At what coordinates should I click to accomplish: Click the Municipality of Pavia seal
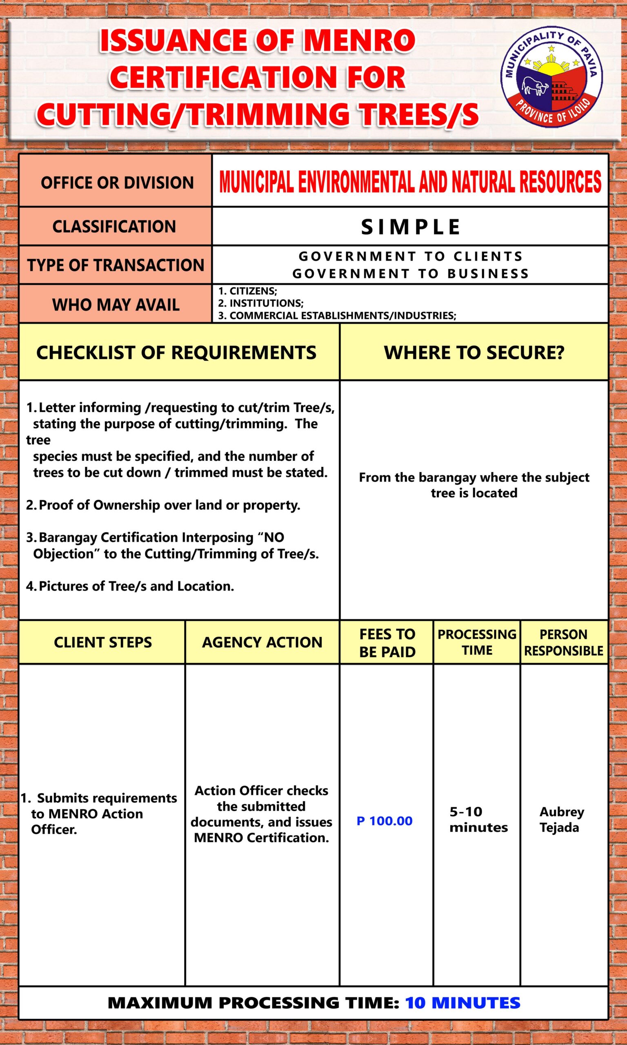click(551, 79)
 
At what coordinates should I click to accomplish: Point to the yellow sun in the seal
click(551, 66)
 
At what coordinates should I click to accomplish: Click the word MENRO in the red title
click(359, 41)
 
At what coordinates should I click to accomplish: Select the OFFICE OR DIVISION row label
click(117, 183)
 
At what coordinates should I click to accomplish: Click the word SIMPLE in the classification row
click(410, 227)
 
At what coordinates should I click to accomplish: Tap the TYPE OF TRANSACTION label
click(116, 265)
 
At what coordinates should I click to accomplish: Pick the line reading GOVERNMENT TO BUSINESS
click(410, 274)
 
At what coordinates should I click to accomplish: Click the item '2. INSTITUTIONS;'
click(261, 303)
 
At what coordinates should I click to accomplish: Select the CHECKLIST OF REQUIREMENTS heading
click(176, 353)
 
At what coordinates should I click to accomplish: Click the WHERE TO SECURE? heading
click(474, 353)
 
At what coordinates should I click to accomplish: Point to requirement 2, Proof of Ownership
click(164, 505)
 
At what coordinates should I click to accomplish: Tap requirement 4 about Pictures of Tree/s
click(130, 586)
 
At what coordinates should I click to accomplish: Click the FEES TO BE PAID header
click(387, 643)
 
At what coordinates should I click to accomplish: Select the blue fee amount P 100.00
click(385, 821)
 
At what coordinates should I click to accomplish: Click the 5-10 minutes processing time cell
click(478, 819)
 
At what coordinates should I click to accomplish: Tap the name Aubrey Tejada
click(561, 819)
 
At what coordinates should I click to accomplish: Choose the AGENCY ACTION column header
click(262, 643)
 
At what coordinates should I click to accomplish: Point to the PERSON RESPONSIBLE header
click(564, 643)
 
